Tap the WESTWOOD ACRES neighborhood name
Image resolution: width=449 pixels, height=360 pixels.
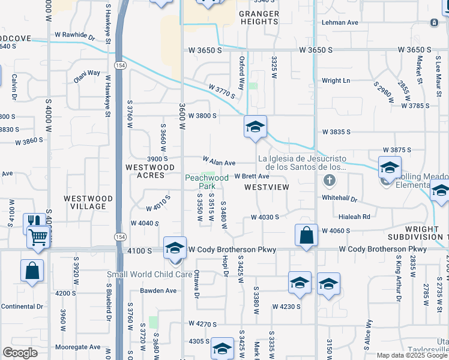(x=149, y=171)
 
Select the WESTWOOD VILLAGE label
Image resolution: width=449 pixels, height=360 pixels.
(x=88, y=202)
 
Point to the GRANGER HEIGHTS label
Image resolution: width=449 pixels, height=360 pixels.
(x=259, y=17)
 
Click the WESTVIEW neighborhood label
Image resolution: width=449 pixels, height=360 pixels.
(x=267, y=187)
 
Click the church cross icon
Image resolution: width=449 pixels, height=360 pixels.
(x=329, y=180)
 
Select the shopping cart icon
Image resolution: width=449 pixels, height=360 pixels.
(x=38, y=237)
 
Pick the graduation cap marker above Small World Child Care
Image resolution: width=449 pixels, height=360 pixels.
(x=175, y=247)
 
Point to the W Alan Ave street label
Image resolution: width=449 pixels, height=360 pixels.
(x=219, y=162)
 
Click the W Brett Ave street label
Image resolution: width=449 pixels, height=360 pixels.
(x=252, y=176)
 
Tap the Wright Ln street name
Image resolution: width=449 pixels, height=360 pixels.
(x=336, y=80)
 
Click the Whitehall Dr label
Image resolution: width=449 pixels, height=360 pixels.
(x=339, y=199)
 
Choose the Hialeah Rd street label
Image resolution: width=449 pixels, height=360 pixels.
(x=354, y=217)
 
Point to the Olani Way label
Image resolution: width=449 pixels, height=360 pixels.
(x=87, y=73)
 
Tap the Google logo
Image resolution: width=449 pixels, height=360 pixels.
(x=20, y=353)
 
